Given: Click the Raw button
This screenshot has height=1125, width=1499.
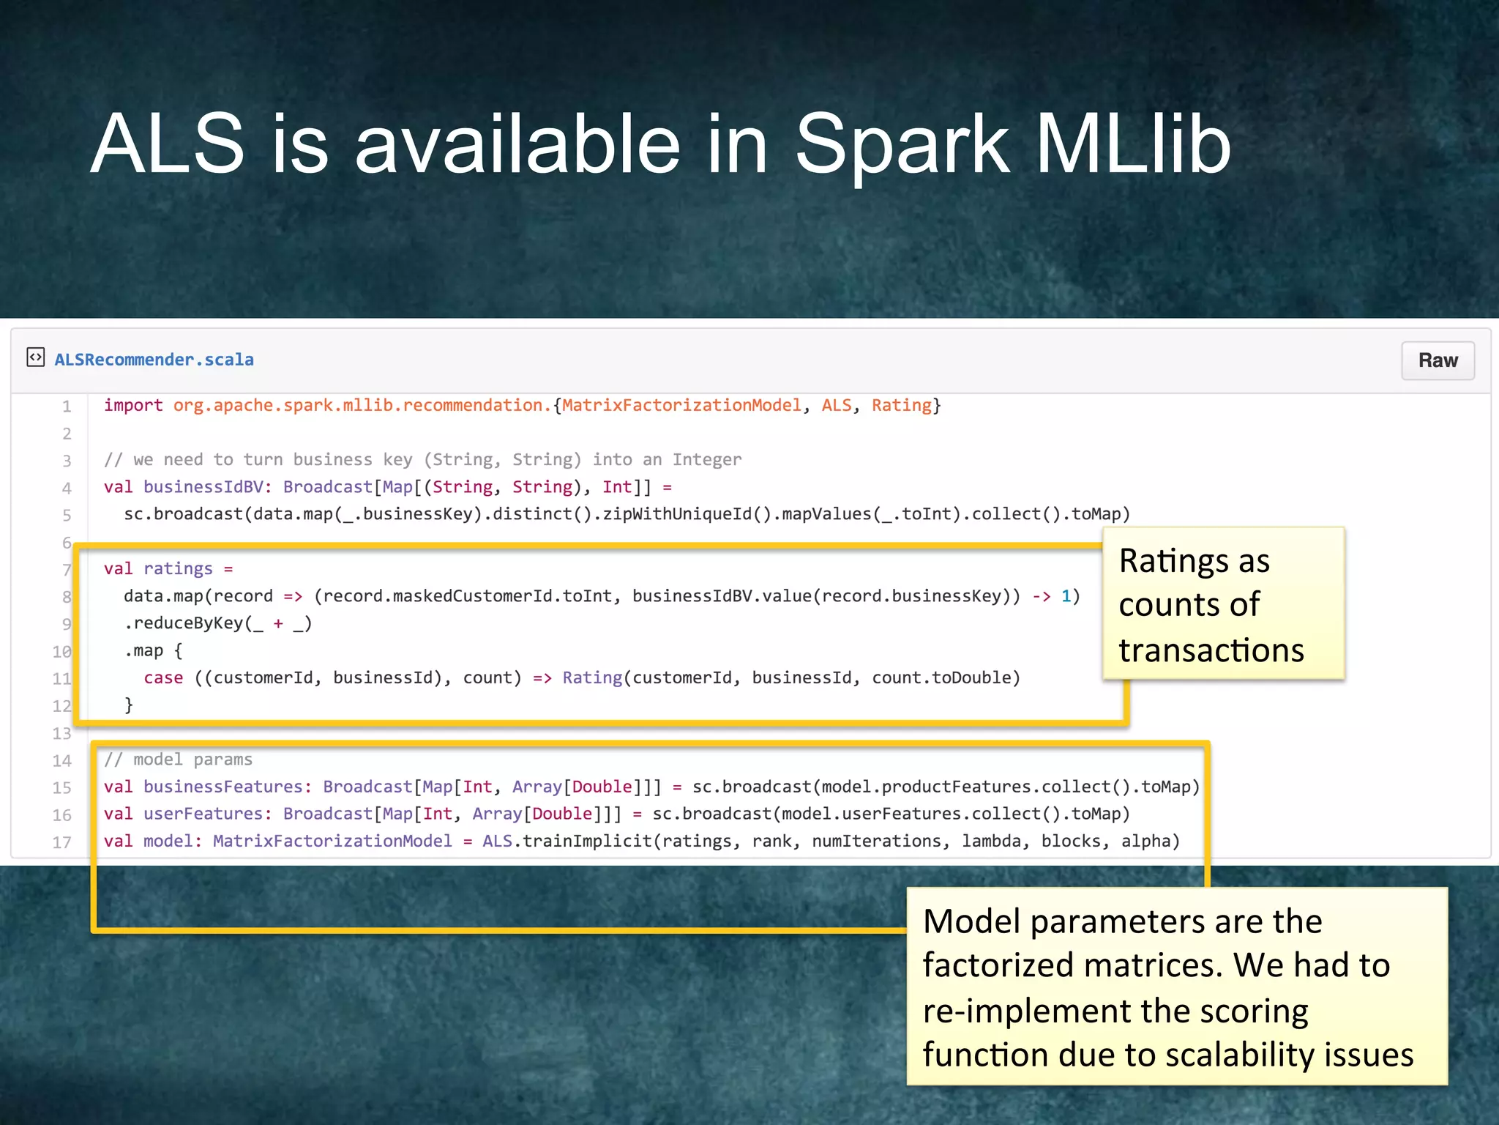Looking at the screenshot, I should pyautogui.click(x=1437, y=360).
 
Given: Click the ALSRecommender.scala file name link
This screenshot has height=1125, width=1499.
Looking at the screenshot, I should pyautogui.click(x=154, y=360).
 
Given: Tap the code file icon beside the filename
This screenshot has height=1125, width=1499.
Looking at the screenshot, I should pyautogui.click(x=35, y=357).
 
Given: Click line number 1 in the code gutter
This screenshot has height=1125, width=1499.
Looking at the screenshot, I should pyautogui.click(x=67, y=406).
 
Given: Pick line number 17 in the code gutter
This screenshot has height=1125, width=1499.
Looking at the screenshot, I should pyautogui.click(x=62, y=842).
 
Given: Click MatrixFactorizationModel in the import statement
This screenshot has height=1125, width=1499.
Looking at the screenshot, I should pyautogui.click(x=681, y=406).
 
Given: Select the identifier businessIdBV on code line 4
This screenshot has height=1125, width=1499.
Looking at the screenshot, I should pyautogui.click(x=203, y=487).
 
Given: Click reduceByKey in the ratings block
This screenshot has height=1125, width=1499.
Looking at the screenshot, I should pyautogui.click(x=188, y=623).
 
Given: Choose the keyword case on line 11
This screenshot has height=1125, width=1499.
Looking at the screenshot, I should pyautogui.click(x=163, y=678).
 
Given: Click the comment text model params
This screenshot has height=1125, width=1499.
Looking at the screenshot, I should pyautogui.click(x=192, y=760).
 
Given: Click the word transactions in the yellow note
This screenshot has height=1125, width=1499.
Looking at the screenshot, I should pyautogui.click(x=1211, y=650).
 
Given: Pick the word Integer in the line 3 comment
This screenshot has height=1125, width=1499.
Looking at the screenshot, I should pyautogui.click(x=707, y=460).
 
